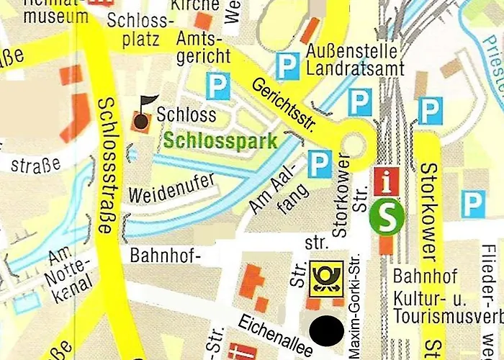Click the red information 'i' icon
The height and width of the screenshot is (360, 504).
[x=387, y=183]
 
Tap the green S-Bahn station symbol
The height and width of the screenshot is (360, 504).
[x=386, y=217]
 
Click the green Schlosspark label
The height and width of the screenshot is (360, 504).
[x=220, y=141]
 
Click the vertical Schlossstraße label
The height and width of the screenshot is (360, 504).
[x=105, y=165]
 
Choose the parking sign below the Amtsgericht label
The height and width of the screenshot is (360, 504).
[x=217, y=87]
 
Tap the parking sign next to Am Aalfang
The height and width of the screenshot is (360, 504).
[x=320, y=164]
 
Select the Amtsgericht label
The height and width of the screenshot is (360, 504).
[x=199, y=48]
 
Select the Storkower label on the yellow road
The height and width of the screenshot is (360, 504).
[x=428, y=212]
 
